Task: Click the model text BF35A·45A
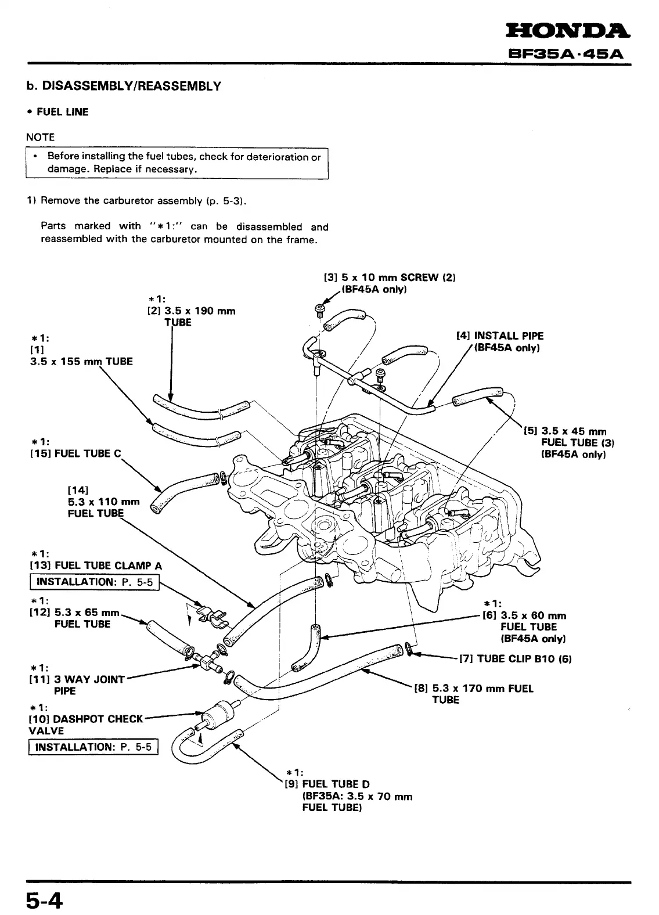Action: pyautogui.click(x=565, y=55)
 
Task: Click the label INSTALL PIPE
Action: pyautogui.click(x=509, y=336)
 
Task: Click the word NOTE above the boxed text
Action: pyautogui.click(x=40, y=137)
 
